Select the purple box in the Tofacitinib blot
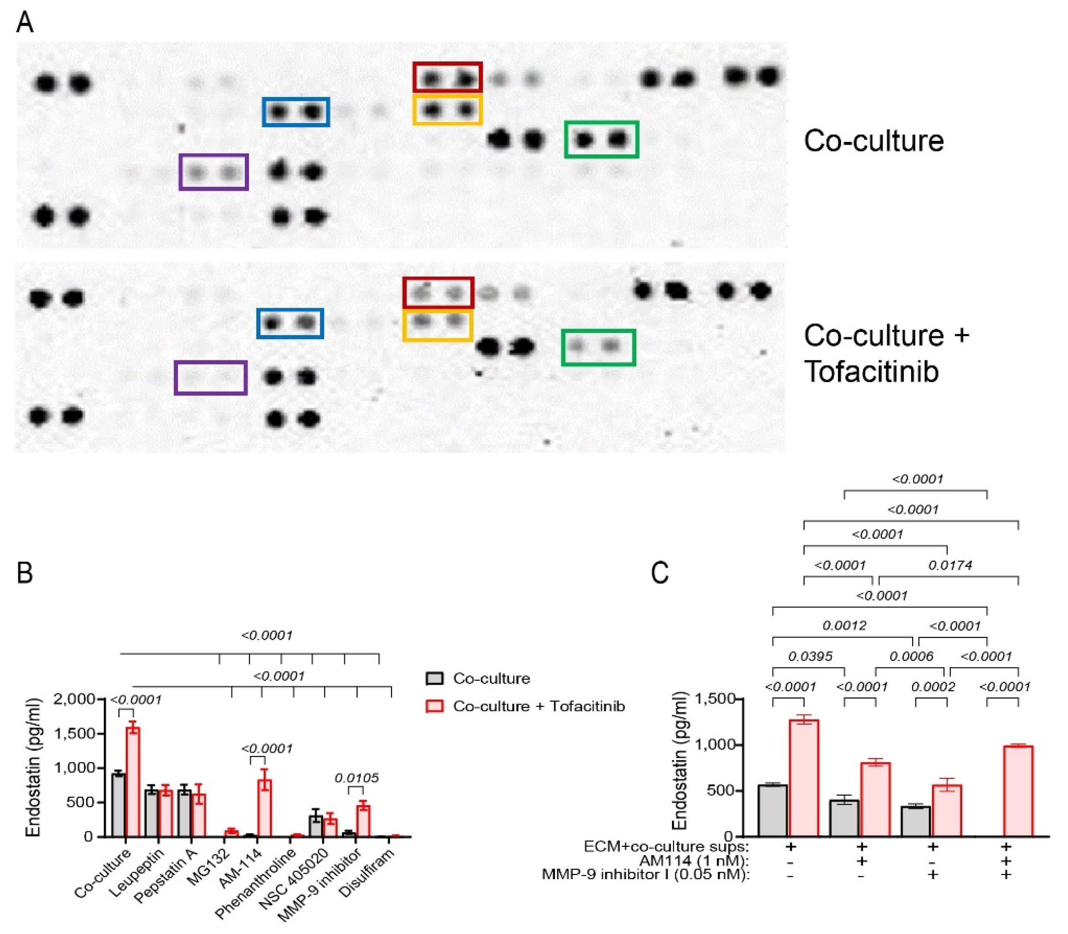(x=210, y=377)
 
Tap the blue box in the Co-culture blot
(x=295, y=112)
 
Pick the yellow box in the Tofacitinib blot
(x=438, y=326)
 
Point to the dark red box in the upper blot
(x=448, y=77)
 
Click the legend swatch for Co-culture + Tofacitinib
(x=435, y=706)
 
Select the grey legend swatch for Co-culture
(x=435, y=679)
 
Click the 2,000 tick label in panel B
(x=74, y=699)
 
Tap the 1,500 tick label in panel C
(x=715, y=699)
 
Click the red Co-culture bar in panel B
(x=133, y=782)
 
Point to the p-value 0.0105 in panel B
(x=356, y=778)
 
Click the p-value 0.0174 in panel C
(x=950, y=565)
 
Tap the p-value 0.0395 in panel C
(x=810, y=656)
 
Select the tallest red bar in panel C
(x=804, y=778)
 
